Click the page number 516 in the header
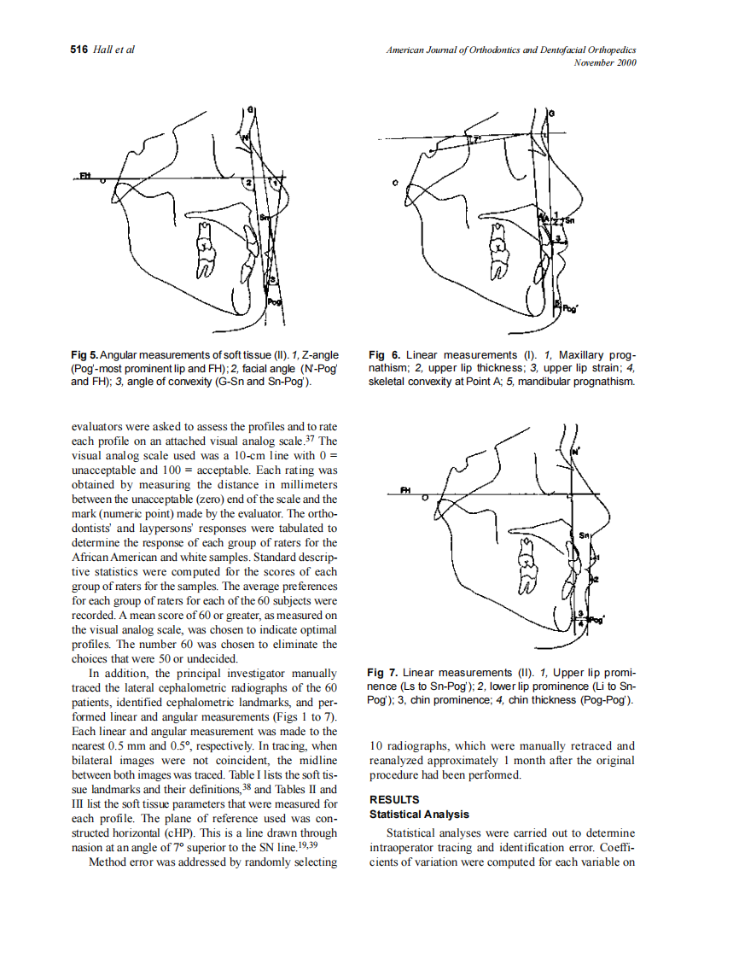pyautogui.click(x=79, y=50)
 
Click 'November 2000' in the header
pyautogui.click(x=605, y=62)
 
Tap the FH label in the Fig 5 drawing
pyautogui.click(x=85, y=174)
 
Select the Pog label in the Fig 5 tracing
pyautogui.click(x=275, y=302)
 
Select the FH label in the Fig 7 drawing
pyautogui.click(x=406, y=489)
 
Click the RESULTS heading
pyautogui.click(x=393, y=800)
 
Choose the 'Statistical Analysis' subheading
pyautogui.click(x=419, y=815)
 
